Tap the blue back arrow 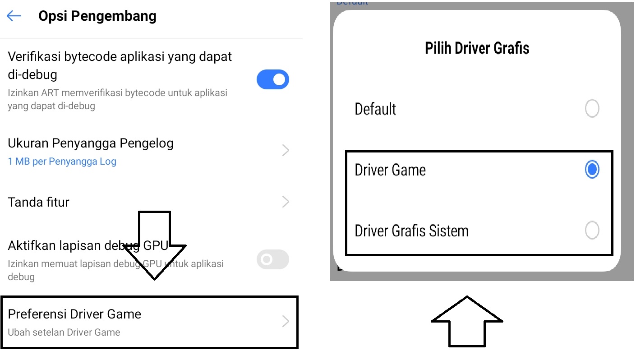(x=14, y=16)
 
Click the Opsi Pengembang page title (x=97, y=16)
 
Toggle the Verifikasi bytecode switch (x=272, y=79)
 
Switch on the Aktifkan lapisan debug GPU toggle (x=272, y=259)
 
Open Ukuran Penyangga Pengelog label (x=91, y=143)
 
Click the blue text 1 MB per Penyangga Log (x=62, y=161)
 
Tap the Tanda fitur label (x=38, y=202)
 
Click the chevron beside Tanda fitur (x=286, y=202)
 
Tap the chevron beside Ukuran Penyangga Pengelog (x=286, y=150)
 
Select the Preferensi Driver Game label (x=74, y=314)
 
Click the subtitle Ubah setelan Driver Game (x=64, y=332)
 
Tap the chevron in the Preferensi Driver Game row (x=286, y=321)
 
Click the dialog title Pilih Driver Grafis (x=477, y=48)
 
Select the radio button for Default (x=592, y=108)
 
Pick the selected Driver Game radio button (x=592, y=170)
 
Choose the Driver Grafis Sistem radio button (x=592, y=230)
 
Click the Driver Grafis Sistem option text (x=411, y=231)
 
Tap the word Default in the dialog (x=375, y=109)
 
